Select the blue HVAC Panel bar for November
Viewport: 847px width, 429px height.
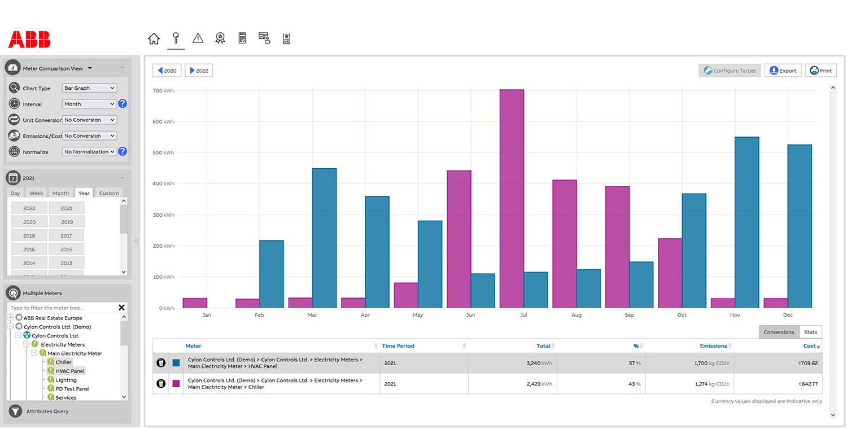pos(746,222)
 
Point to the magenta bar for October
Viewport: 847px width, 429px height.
pos(670,273)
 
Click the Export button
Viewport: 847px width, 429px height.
pos(783,71)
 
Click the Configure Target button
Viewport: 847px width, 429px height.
pos(730,71)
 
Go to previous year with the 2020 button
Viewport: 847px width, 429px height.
pos(167,71)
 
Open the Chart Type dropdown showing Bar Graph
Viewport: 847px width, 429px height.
pos(90,88)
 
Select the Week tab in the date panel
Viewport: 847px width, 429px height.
pos(36,193)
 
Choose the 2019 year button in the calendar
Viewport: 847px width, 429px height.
pos(67,222)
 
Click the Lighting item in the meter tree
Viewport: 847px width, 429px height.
pos(66,380)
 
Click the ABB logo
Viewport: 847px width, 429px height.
pos(29,40)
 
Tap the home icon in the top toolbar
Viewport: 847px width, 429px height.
pos(154,38)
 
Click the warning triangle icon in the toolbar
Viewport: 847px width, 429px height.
pos(198,38)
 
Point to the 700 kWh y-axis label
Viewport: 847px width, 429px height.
pos(164,91)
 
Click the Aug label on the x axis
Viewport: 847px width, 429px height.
pos(576,315)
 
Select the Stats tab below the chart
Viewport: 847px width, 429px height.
pos(810,332)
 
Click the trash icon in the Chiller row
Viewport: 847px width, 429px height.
pos(161,384)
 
